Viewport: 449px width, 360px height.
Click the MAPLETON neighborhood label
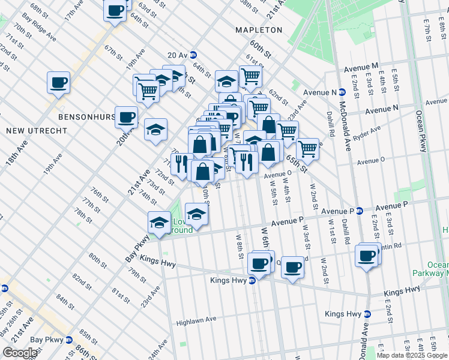(x=259, y=30)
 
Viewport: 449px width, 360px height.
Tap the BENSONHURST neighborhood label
(x=86, y=116)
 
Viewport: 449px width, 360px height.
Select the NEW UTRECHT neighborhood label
(x=28, y=130)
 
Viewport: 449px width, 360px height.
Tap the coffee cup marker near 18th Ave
(x=59, y=82)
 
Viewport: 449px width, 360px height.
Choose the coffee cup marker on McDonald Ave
(x=366, y=255)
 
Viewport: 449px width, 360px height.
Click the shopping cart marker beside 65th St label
(x=307, y=148)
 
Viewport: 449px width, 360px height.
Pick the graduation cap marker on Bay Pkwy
(x=159, y=221)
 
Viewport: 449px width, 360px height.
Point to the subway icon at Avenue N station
(x=343, y=92)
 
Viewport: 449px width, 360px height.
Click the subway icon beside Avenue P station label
(x=360, y=211)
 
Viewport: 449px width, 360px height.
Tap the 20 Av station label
(x=177, y=55)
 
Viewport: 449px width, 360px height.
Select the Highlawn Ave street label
(x=196, y=322)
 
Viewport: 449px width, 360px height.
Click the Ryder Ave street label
(x=367, y=133)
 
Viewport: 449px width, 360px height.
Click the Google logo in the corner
(x=20, y=353)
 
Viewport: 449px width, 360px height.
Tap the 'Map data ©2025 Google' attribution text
(x=411, y=355)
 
